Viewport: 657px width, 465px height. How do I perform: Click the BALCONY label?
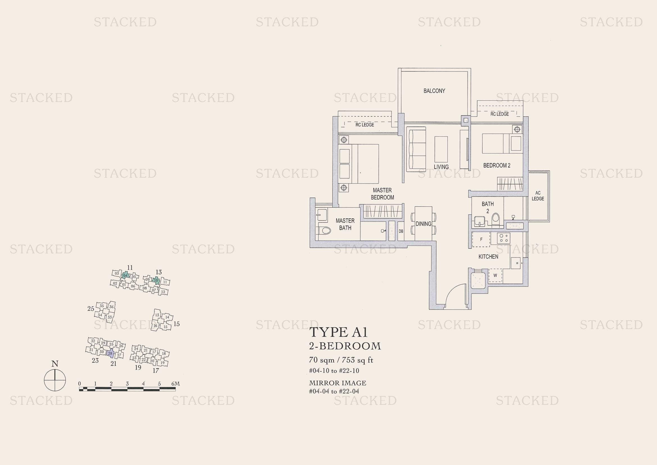click(x=434, y=91)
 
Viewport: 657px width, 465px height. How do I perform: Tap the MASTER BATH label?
click(x=345, y=224)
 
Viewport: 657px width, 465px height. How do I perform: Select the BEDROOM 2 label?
click(x=496, y=166)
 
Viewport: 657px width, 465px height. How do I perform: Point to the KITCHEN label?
click(x=488, y=257)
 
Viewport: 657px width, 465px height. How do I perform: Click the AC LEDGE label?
click(x=538, y=196)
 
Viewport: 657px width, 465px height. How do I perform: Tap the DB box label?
click(x=401, y=231)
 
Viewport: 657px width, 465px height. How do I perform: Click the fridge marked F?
click(x=481, y=239)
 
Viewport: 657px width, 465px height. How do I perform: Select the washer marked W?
click(x=495, y=276)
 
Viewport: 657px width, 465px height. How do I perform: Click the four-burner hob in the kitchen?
click(x=504, y=238)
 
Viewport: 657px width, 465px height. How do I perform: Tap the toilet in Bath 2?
click(x=495, y=220)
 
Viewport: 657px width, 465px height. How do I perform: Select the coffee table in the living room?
click(x=441, y=150)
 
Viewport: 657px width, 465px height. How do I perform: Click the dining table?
click(x=423, y=224)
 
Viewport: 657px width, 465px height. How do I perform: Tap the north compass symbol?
click(x=55, y=380)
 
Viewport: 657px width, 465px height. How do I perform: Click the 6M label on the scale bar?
click(x=175, y=384)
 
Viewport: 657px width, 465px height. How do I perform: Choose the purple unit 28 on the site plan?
click(x=110, y=354)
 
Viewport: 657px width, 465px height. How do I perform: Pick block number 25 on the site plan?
click(x=91, y=309)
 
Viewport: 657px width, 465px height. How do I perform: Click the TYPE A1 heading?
click(x=338, y=332)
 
